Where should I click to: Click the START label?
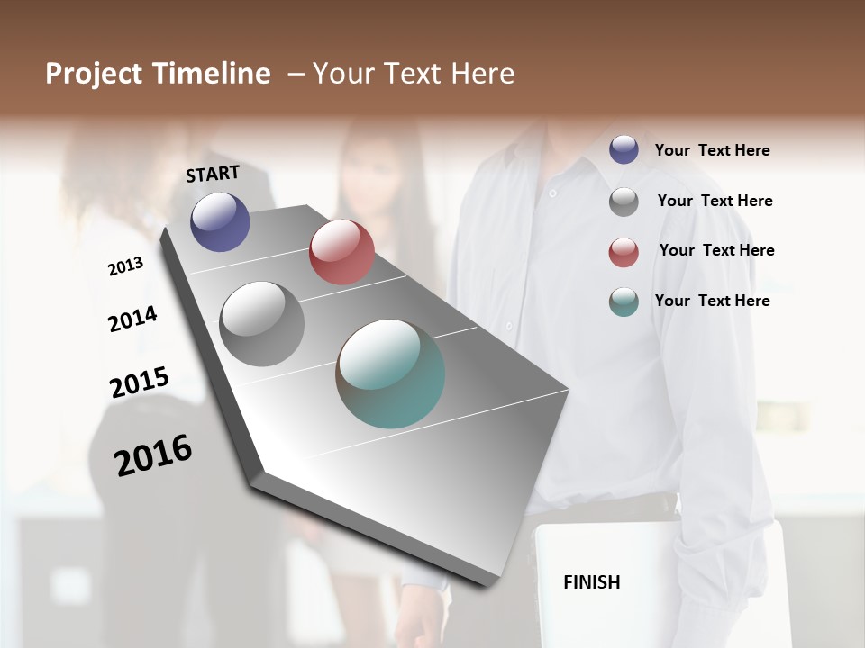213,174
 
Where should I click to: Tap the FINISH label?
591,582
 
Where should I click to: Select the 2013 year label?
125,266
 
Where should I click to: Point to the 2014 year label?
132,319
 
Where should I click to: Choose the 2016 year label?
153,454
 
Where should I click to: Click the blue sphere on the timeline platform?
220,221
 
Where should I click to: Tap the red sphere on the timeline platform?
341,252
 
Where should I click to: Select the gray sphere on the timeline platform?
262,323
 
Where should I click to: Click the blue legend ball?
624,149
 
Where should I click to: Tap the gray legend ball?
624,201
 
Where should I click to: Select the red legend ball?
624,251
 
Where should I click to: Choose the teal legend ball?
624,301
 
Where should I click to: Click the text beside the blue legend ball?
712,150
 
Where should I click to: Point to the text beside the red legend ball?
716,250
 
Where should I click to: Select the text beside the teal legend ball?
712,301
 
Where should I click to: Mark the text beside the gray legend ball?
715,201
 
